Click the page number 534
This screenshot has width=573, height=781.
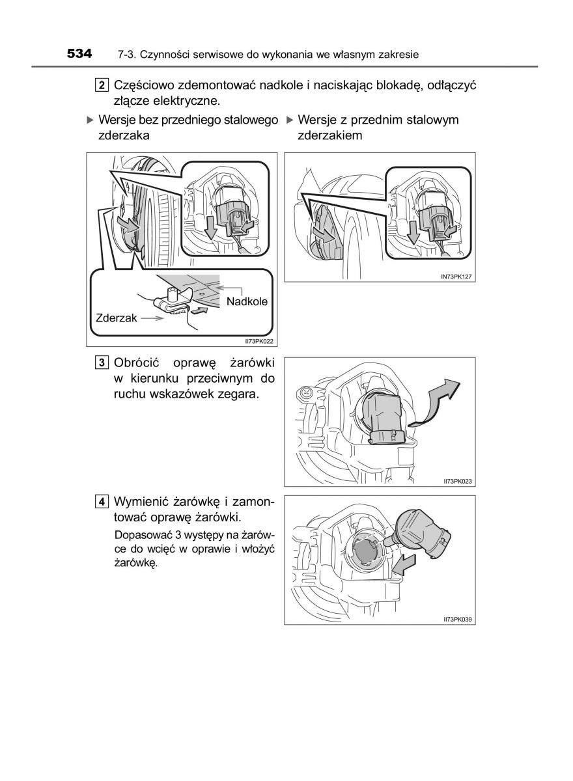click(79, 53)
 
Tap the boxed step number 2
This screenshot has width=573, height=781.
click(102, 85)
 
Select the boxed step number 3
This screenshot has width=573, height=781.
click(102, 363)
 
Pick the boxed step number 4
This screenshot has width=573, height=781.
click(102, 502)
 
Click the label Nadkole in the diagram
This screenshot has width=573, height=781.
click(247, 301)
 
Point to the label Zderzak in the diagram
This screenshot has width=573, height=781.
click(116, 318)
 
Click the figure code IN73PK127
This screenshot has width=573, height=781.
click(456, 277)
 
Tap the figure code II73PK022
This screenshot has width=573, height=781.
click(259, 341)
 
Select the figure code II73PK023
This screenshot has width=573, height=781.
click(458, 481)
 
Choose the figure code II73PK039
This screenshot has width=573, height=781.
click(458, 619)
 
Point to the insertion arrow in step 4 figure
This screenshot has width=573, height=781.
click(404, 565)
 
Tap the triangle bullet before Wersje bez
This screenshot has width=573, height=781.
click(91, 120)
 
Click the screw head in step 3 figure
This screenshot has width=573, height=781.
click(306, 392)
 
